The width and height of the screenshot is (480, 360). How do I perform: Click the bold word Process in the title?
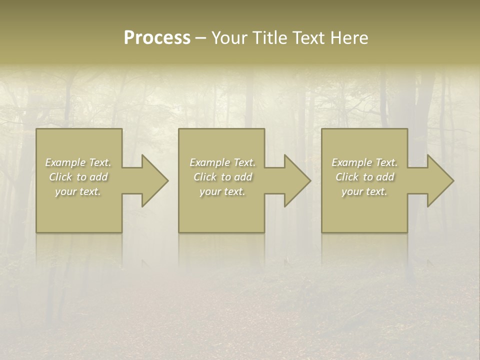pyautogui.click(x=157, y=38)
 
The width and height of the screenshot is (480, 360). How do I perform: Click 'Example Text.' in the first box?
pyautogui.click(x=78, y=162)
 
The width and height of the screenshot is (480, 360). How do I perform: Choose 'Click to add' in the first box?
pyautogui.click(x=78, y=177)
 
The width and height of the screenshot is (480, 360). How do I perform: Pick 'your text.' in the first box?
pyautogui.click(x=78, y=191)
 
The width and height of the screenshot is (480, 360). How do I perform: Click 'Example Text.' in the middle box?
pyautogui.click(x=222, y=162)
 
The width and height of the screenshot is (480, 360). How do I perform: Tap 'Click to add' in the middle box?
pyautogui.click(x=222, y=177)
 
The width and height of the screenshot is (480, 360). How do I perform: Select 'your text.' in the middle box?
pyautogui.click(x=222, y=191)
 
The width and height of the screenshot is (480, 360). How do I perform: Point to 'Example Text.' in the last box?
pyautogui.click(x=364, y=162)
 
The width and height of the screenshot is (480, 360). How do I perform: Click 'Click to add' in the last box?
pyautogui.click(x=364, y=177)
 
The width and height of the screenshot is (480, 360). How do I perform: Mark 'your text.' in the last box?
pyautogui.click(x=364, y=191)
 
